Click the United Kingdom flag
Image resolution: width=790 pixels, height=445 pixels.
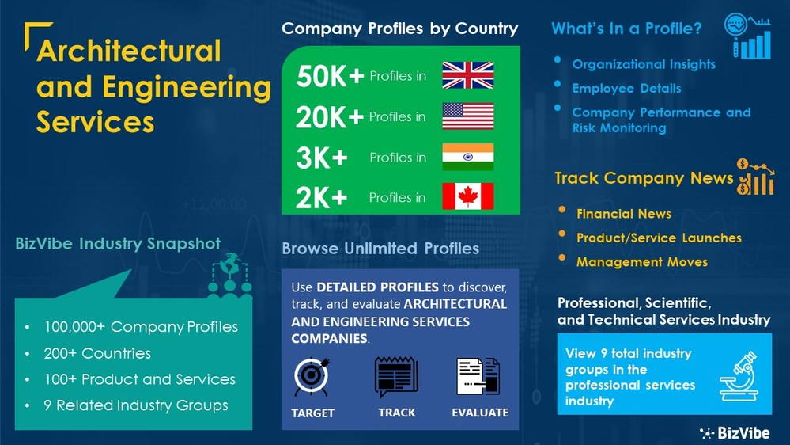pos(467,75)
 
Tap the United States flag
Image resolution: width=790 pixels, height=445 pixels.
pos(467,116)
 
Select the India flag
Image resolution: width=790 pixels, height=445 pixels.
pos(467,157)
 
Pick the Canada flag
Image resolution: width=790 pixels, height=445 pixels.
pos(467,196)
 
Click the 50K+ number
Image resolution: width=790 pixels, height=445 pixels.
pos(330,76)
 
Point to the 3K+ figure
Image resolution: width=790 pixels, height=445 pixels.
pos(322,158)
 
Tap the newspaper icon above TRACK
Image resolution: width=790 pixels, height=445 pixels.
pos(396,378)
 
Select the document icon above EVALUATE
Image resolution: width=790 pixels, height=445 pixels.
pos(478,378)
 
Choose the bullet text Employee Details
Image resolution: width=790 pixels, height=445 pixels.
pos(626,88)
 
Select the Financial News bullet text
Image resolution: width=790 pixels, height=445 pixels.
pos(623,214)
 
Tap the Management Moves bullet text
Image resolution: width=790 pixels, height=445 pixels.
pos(641,261)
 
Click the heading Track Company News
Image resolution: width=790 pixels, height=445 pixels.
pos(644,178)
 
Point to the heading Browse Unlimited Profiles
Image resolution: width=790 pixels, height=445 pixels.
pos(380,249)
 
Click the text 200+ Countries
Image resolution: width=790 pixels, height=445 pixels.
pos(97,353)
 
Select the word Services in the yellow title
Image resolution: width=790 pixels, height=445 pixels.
pos(95,122)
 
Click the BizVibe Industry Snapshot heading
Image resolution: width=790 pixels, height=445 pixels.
pos(118,244)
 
